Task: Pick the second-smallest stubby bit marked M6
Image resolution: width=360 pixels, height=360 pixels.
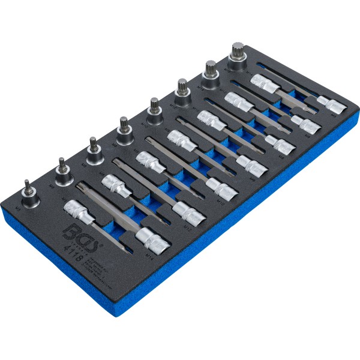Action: (x=63, y=170)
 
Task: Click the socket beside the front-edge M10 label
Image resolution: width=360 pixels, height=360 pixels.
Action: (x=218, y=185)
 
